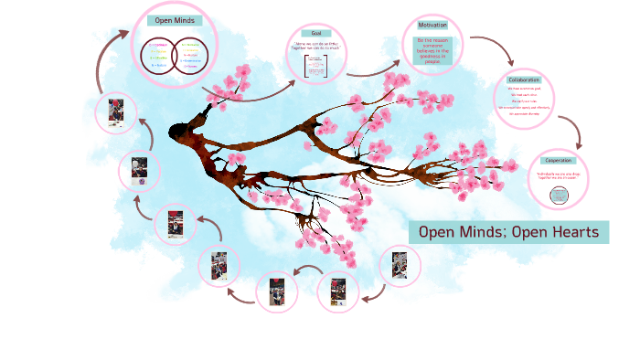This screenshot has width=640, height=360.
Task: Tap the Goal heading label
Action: pyautogui.click(x=315, y=33)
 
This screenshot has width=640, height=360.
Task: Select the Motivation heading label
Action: pyautogui.click(x=432, y=25)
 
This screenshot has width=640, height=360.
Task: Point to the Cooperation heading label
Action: pyautogui.click(x=558, y=160)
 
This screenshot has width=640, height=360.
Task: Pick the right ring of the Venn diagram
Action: pyautogui.click(x=189, y=55)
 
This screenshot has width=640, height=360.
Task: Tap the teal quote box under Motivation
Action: pyautogui.click(x=432, y=50)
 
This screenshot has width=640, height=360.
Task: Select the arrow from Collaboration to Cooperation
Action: pyautogui.click(x=572, y=128)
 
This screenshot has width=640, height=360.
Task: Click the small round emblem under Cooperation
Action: pyautogui.click(x=558, y=195)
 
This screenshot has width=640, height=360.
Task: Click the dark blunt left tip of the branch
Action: pyautogui.click(x=176, y=133)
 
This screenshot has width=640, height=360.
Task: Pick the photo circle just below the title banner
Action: pyautogui.click(x=400, y=265)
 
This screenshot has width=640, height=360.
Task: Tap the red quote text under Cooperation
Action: pyautogui.click(x=558, y=175)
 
